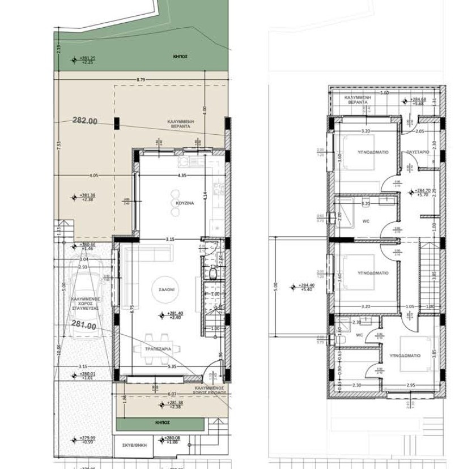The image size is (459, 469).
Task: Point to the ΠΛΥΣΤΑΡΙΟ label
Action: click(x=418, y=152)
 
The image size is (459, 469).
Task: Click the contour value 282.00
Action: click(x=85, y=121)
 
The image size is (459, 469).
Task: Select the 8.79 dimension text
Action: click(x=141, y=79)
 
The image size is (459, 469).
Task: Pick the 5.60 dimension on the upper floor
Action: click(x=384, y=92)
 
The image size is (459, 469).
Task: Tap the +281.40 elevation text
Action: click(x=175, y=314)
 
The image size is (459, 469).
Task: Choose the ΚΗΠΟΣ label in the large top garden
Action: click(x=181, y=57)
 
